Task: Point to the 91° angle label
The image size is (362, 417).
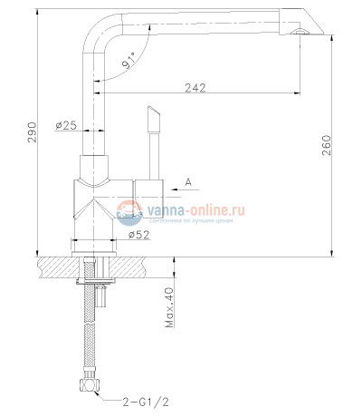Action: (129, 63)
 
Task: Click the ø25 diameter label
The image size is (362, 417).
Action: (65, 126)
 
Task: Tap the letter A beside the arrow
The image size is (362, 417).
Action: (188, 182)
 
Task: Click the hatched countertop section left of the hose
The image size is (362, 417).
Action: (59, 267)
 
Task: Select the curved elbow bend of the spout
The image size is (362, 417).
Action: (102, 27)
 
